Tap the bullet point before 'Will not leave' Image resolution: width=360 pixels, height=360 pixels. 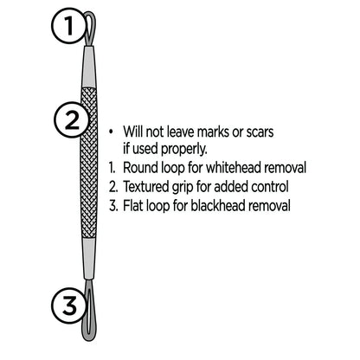112,132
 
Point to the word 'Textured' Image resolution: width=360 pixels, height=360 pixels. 148,186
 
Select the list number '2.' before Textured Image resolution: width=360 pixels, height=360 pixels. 113,186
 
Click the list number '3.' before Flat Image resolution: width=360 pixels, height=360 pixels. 113,205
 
